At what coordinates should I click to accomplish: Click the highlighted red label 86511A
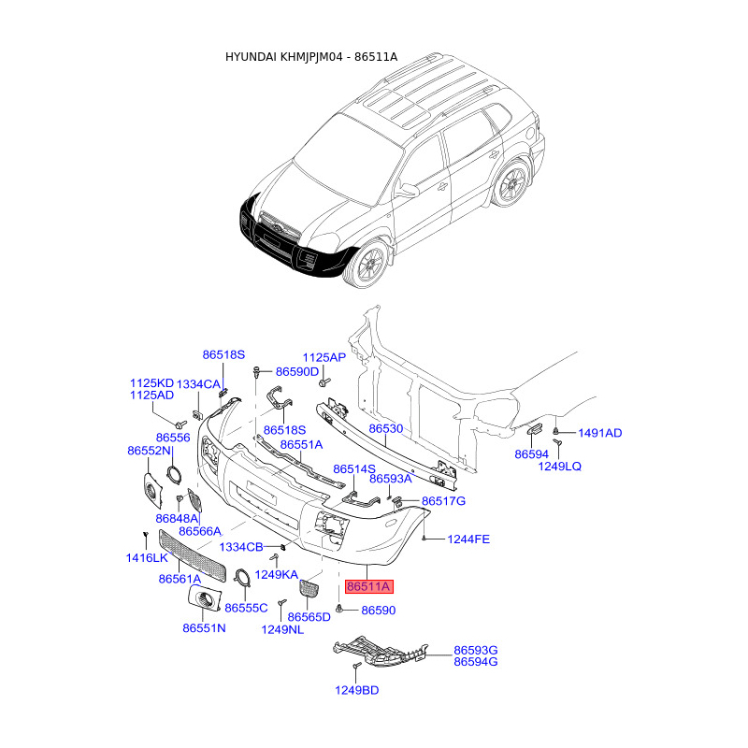[x=368, y=586]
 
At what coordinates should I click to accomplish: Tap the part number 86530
[x=386, y=429]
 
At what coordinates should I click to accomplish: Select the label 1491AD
[x=600, y=433]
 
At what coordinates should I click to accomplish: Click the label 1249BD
[x=357, y=690]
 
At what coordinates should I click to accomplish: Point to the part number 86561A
[x=180, y=579]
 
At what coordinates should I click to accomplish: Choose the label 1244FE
[x=468, y=539]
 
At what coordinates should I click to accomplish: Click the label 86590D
[x=297, y=371]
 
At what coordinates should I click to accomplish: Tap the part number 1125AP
[x=324, y=357]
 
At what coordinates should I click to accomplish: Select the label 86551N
[x=204, y=628]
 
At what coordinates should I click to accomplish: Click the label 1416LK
[x=147, y=557]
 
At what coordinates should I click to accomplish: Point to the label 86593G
[x=476, y=650]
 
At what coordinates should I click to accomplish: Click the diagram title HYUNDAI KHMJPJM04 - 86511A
[x=311, y=57]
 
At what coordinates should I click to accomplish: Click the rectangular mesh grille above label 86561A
[x=192, y=555]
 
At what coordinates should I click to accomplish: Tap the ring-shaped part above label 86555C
[x=244, y=577]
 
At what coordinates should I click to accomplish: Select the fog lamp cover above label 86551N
[x=204, y=599]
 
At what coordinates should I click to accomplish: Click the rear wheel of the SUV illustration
[x=511, y=183]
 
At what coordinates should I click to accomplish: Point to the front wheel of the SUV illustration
[x=371, y=264]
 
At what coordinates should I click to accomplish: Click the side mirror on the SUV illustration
[x=407, y=191]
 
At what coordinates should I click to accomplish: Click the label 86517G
[x=443, y=501]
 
